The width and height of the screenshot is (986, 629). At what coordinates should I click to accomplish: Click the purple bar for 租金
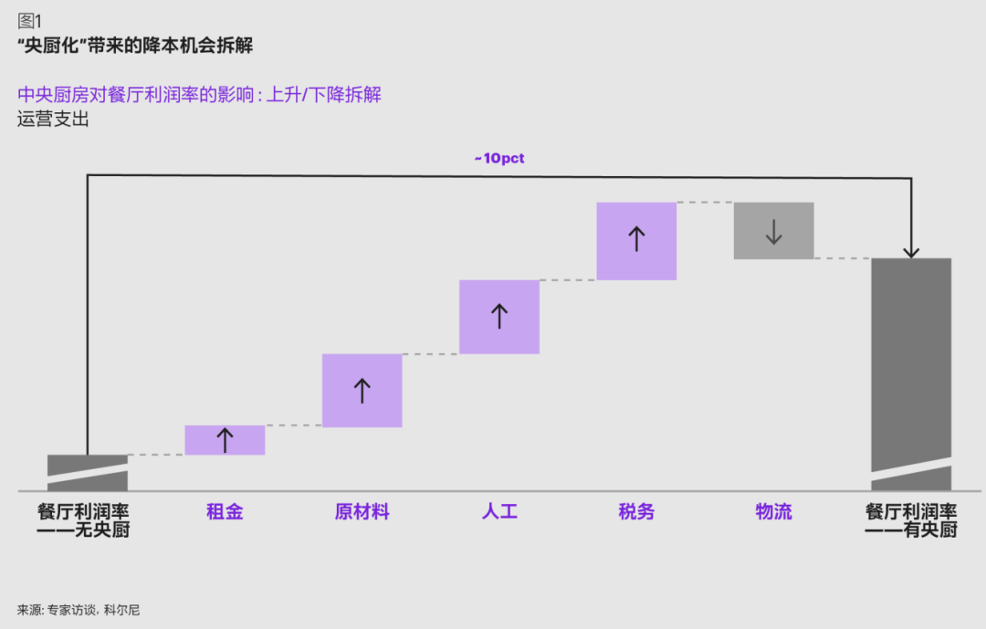tap(225, 440)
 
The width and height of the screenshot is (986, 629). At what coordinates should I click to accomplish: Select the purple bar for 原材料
tap(362, 391)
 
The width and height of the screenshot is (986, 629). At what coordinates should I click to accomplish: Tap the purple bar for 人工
tap(499, 317)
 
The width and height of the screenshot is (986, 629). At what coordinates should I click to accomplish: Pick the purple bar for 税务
tap(636, 241)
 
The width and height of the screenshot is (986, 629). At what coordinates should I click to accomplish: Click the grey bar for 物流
tap(773, 231)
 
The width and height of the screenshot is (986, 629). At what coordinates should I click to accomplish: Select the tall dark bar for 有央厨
tap(911, 374)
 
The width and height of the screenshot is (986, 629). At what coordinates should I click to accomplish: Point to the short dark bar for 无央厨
tap(88, 472)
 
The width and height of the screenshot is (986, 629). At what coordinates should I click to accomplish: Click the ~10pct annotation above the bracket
tap(499, 158)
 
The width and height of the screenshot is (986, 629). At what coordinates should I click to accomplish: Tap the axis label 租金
tap(225, 511)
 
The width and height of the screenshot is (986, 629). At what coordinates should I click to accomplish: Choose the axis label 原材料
tap(362, 511)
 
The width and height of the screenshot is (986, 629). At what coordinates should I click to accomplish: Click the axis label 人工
tap(499, 511)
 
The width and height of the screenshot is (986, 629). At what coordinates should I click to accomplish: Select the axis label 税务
tap(636, 511)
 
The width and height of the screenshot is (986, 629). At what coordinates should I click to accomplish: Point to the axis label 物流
tap(773, 511)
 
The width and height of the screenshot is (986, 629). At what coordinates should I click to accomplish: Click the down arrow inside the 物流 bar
tap(773, 232)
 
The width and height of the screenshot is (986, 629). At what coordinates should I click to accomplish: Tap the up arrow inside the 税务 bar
tap(636, 239)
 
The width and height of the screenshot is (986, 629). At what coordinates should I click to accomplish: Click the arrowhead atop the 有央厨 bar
tap(911, 253)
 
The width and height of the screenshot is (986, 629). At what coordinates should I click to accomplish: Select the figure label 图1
tap(29, 21)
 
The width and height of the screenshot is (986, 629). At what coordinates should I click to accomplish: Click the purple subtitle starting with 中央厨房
tap(199, 94)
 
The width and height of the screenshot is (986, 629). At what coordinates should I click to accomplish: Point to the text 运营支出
tap(54, 119)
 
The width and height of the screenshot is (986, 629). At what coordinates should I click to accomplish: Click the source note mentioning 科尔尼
tap(79, 610)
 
